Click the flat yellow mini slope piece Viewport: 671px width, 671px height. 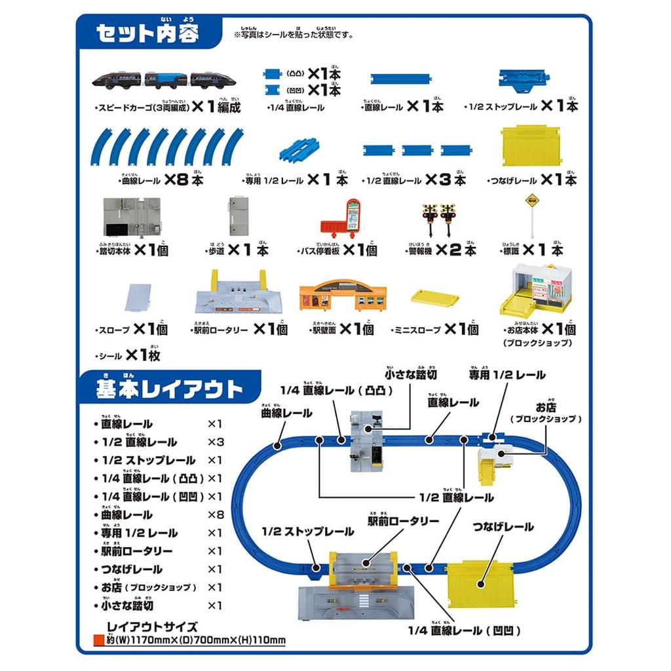[x=434, y=297]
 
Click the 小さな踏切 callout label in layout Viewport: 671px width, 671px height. [x=410, y=374]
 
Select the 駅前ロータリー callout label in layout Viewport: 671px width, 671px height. [x=402, y=521]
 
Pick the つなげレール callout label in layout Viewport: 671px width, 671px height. [x=502, y=527]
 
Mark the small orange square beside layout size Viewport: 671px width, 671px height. [x=99, y=640]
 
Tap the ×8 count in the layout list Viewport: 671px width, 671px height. [x=216, y=514]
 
